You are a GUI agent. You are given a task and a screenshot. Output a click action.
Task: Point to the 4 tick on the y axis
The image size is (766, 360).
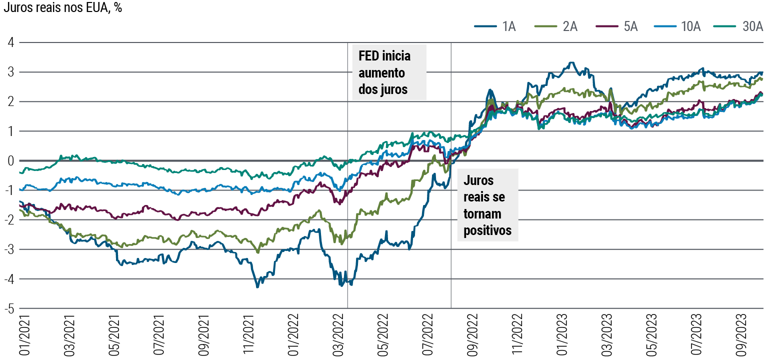(x=10, y=43)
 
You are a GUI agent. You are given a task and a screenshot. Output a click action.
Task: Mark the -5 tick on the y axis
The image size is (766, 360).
(x=8, y=308)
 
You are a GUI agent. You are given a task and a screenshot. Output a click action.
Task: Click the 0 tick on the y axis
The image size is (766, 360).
(x=10, y=161)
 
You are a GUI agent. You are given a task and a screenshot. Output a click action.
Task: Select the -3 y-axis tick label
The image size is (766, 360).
(x=8, y=249)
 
